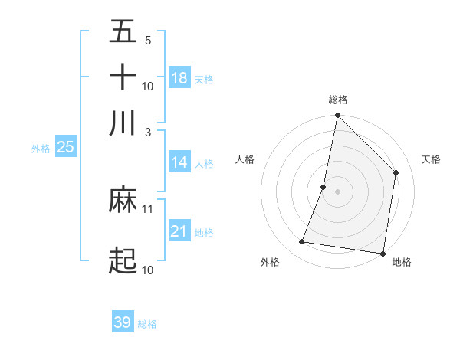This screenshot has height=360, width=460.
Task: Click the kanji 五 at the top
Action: (123, 31)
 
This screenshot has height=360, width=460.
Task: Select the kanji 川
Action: (123, 123)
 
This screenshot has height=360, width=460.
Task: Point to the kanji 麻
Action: (123, 200)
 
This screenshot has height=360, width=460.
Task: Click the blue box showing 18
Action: (179, 78)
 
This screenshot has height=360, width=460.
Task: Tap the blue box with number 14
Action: (179, 162)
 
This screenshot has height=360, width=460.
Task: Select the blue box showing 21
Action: (179, 231)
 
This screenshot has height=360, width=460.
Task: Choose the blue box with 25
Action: (65, 147)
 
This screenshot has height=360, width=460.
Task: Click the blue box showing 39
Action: (123, 322)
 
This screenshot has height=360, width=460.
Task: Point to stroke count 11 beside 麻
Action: (148, 208)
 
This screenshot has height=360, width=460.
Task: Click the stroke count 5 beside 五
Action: (147, 40)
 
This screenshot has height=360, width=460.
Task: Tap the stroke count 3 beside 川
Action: (147, 132)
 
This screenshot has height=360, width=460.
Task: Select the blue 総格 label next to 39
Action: (147, 324)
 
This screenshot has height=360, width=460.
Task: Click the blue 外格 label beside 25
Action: (41, 149)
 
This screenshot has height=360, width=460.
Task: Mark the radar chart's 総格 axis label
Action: (338, 100)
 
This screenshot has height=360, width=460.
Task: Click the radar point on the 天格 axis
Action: (396, 172)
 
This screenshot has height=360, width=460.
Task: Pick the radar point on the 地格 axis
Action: (383, 253)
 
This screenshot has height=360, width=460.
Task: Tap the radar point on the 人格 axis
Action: (324, 187)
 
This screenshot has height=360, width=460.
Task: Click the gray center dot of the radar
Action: (337, 191)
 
